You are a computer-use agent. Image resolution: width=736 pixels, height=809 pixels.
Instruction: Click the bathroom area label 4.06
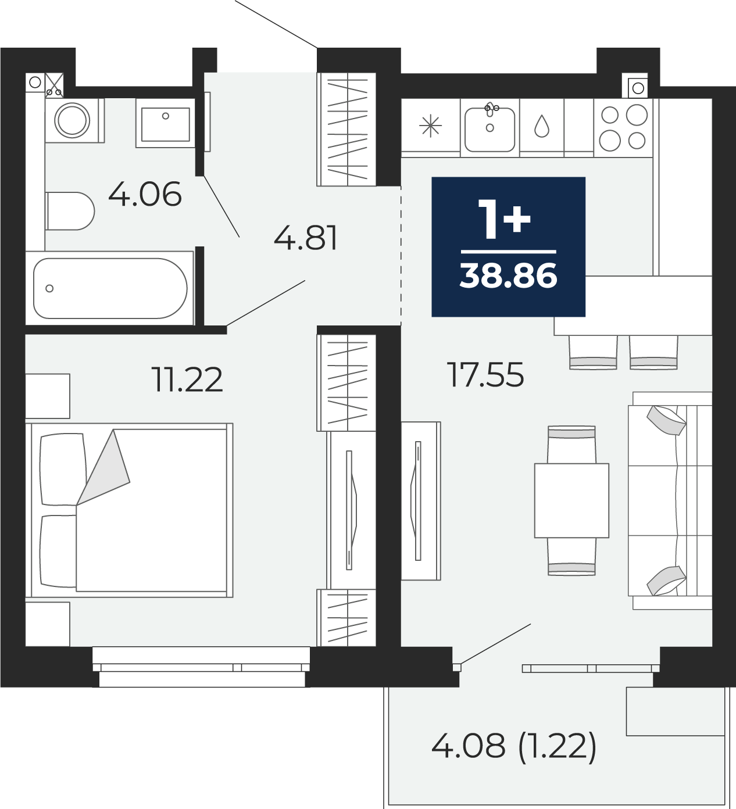coord(145,194)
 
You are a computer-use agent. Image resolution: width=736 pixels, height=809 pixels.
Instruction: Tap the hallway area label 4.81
coord(305,238)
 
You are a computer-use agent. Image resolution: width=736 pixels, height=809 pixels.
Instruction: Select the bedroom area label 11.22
coord(187,379)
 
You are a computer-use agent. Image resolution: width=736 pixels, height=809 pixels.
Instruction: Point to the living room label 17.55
coord(486,375)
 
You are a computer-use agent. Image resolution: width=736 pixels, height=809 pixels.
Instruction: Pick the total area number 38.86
coord(509,275)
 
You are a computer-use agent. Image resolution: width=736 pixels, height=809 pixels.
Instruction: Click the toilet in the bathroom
coord(70,211)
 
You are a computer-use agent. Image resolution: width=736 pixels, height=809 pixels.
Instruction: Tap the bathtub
coord(110,288)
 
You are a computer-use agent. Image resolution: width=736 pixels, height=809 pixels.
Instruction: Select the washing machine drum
coord(72,120)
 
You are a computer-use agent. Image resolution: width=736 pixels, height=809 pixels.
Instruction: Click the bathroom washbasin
coord(166,124)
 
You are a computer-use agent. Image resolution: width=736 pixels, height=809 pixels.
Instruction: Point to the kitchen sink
coord(490,129)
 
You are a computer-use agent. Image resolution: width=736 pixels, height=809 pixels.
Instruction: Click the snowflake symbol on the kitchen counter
coord(430,126)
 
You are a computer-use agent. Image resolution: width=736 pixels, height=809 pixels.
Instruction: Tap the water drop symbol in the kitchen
coord(541,126)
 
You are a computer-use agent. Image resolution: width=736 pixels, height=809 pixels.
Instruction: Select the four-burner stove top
coord(623,127)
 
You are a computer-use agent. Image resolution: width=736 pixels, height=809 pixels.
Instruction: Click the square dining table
coord(571,500)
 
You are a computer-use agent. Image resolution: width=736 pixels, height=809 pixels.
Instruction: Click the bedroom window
coord(201,667)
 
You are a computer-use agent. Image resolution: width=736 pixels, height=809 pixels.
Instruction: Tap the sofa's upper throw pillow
coord(666,420)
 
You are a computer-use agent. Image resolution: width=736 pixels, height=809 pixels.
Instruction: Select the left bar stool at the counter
coord(593,352)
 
